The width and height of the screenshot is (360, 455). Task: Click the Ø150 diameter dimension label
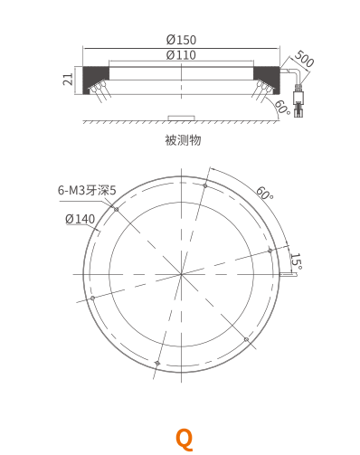[181, 40]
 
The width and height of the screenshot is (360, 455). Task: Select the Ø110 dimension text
[181, 55]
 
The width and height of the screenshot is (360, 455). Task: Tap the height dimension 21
[68, 79]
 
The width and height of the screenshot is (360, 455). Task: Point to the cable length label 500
[304, 59]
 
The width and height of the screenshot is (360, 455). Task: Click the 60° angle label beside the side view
[282, 108]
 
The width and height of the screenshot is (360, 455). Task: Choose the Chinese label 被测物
[183, 140]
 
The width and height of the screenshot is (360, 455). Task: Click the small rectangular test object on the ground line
[182, 118]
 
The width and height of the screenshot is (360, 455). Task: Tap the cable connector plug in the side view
[298, 100]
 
